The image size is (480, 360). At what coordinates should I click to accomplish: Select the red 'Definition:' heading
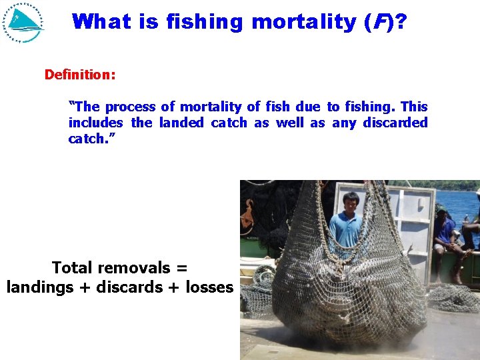(80, 75)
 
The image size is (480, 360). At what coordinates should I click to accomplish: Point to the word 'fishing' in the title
(205, 22)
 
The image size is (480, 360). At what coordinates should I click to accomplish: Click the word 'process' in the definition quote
(130, 107)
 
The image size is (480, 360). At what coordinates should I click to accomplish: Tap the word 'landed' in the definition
(181, 123)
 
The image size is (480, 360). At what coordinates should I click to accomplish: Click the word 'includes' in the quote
(95, 123)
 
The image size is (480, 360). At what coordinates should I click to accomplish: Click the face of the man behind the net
(351, 202)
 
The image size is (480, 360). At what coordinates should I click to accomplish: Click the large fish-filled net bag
(347, 280)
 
